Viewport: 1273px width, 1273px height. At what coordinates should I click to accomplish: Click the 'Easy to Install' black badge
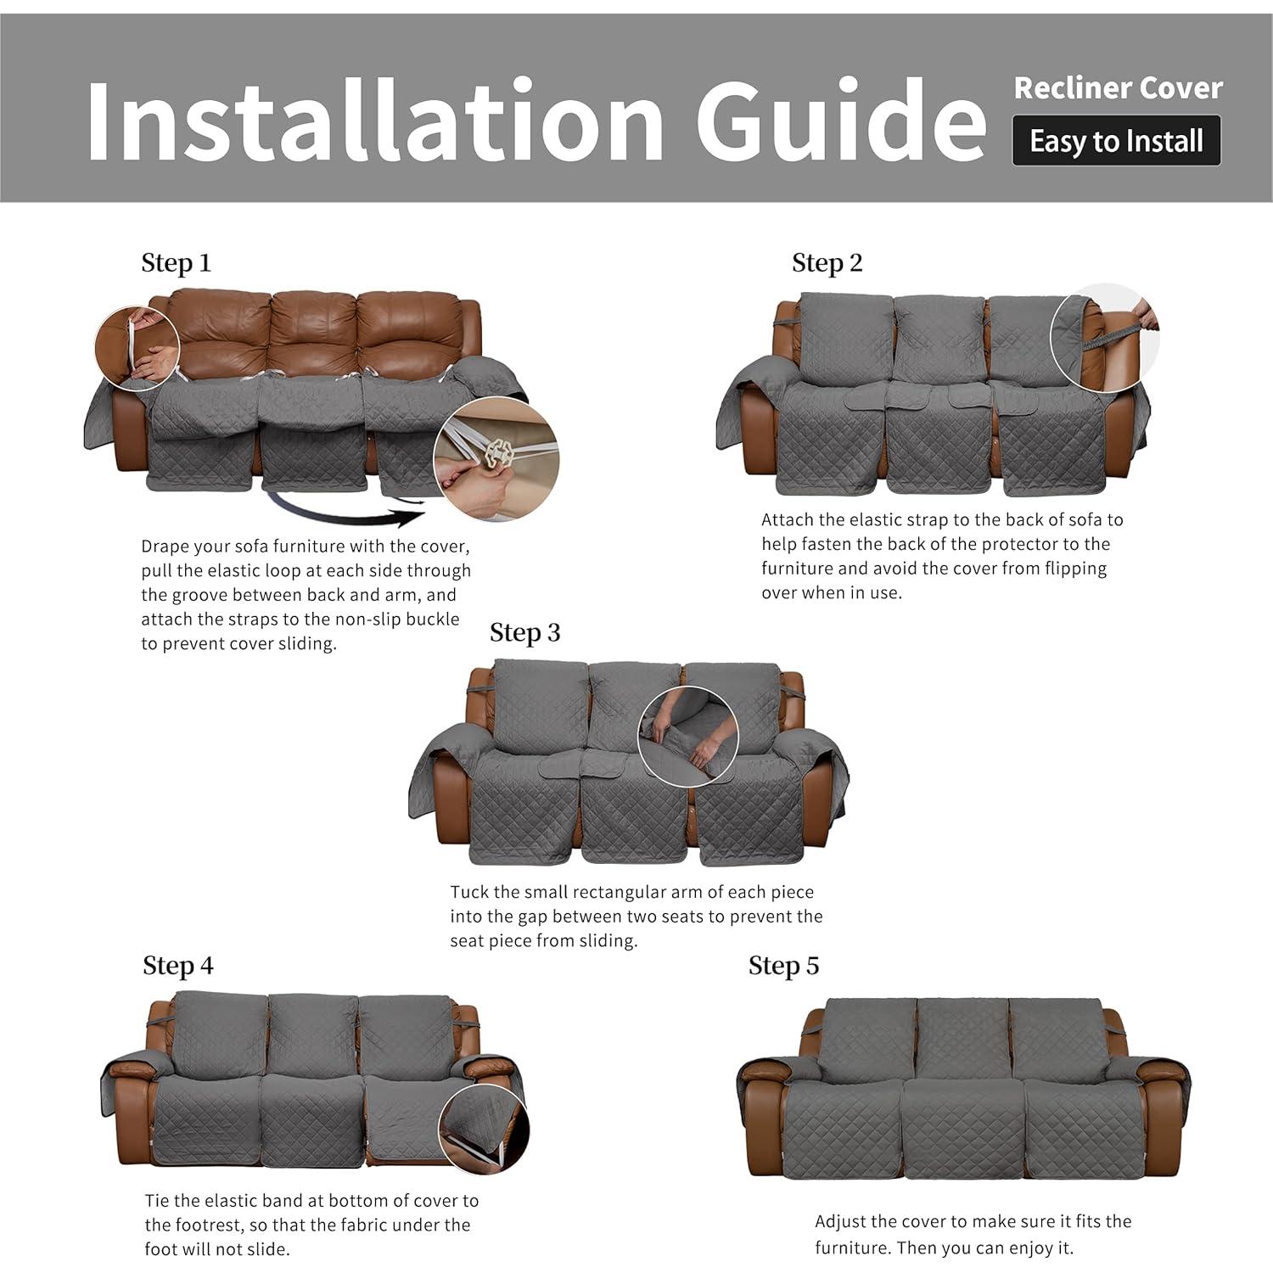point(1116,141)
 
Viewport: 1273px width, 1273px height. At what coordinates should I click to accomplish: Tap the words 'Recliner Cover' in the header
point(1118,88)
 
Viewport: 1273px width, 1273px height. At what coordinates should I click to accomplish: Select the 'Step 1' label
point(176,263)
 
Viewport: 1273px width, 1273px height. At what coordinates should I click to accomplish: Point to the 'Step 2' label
point(827,263)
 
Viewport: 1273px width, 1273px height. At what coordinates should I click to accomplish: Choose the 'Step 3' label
point(524,633)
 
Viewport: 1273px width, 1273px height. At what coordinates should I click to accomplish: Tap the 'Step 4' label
point(178,966)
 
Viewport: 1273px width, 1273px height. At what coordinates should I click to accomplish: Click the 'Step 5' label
point(783,966)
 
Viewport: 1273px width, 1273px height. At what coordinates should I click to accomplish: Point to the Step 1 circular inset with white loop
point(137,349)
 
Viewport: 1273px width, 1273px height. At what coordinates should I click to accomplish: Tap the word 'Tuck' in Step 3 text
point(469,893)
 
